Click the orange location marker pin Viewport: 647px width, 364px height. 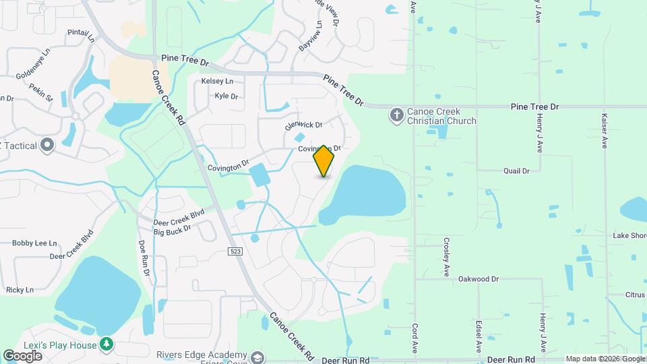point(324,161)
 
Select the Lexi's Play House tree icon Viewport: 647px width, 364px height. point(106,345)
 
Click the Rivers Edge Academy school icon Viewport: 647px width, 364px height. point(257,357)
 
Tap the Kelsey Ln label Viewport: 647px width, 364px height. point(217,81)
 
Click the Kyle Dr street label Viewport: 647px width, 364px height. point(226,96)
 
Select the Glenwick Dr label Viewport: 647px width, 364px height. point(304,125)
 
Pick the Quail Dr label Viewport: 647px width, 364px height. point(516,171)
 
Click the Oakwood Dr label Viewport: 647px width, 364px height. point(478,278)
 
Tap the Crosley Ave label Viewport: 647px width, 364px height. point(446,257)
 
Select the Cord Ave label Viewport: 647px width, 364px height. point(414,336)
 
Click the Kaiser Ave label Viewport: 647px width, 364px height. point(605,130)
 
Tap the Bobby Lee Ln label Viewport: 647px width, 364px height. point(35,243)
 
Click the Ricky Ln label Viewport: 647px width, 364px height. point(20,290)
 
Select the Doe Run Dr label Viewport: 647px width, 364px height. point(144,257)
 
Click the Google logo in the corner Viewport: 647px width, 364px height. point(23,355)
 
